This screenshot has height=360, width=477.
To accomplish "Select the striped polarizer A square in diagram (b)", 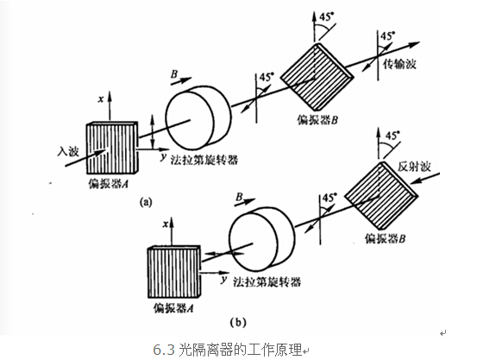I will [x=176, y=271].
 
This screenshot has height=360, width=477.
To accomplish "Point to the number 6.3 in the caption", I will [x=164, y=349].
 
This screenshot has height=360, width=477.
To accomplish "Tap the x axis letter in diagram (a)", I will [x=101, y=100].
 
